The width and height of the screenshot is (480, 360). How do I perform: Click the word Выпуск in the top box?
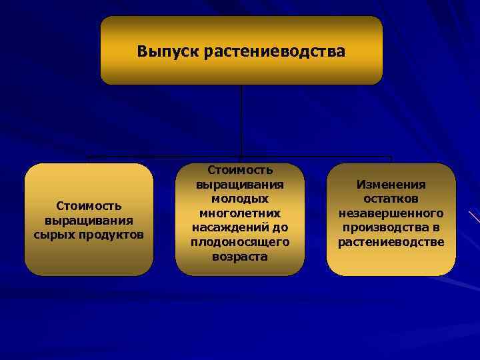(x=165, y=51)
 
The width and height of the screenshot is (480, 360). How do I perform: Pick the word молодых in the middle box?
(x=240, y=199)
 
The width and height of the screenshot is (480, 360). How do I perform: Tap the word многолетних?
(x=240, y=213)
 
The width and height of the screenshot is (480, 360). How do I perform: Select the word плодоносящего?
(x=240, y=242)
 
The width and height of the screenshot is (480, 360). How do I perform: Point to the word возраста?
(x=240, y=257)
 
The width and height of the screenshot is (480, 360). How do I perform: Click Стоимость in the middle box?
(x=240, y=170)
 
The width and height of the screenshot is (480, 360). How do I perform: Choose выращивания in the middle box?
(x=240, y=185)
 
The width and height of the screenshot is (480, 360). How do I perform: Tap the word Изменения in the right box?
(x=391, y=185)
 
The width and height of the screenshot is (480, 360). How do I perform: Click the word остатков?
(x=391, y=199)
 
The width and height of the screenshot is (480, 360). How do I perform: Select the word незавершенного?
(x=391, y=213)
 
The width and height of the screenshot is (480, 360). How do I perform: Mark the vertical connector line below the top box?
(x=241, y=120)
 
